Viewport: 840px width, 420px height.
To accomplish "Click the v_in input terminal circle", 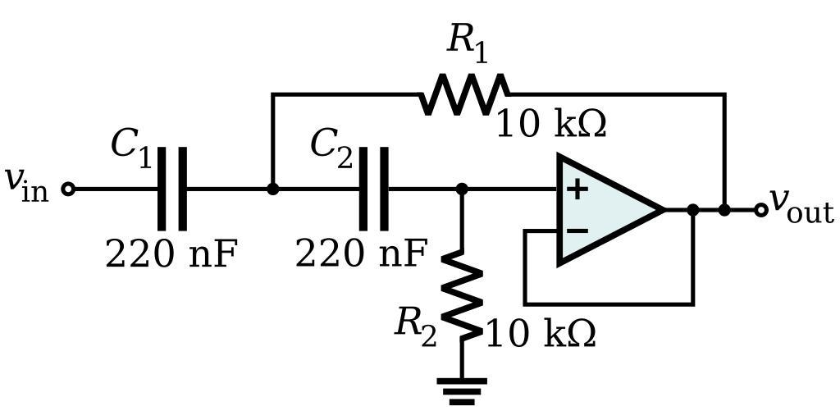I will coord(68,189).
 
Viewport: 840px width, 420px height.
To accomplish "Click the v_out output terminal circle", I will coord(761,210).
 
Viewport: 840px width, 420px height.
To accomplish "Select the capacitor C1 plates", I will coord(172,189).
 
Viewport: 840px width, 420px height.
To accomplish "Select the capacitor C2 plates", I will coord(374,189).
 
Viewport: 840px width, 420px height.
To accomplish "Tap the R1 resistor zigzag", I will coord(464,94).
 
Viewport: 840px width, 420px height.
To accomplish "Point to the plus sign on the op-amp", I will coord(577,189).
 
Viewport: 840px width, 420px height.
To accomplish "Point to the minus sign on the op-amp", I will coord(577,231).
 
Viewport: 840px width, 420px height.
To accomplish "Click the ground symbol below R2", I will coord(462,390).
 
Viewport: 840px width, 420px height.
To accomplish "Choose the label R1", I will coord(467,41).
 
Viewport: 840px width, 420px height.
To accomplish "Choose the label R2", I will coord(416,325).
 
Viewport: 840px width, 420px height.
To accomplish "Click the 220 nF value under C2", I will coord(361,254).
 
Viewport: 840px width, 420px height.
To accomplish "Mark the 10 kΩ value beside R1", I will coord(551,125).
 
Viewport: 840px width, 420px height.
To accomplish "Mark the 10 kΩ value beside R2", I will coord(541,335).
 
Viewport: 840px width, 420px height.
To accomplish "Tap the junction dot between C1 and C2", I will coord(273,189).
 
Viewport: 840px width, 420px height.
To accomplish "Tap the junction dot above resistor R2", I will coord(462,189).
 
